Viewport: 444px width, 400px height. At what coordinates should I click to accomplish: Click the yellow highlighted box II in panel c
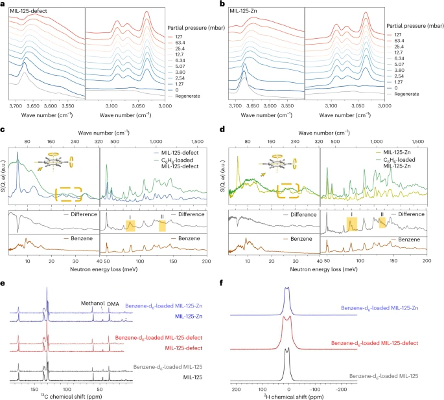162,225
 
